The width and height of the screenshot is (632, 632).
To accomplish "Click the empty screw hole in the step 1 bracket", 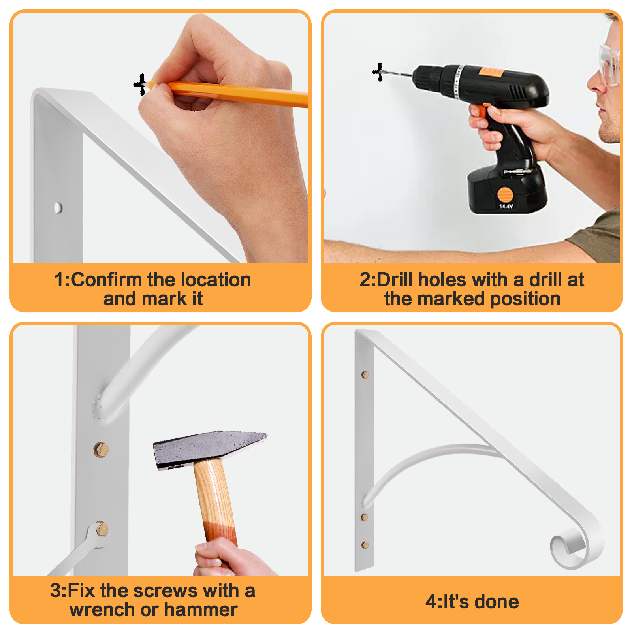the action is pyautogui.click(x=58, y=208).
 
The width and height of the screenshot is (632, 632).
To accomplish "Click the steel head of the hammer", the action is pyautogui.click(x=210, y=450).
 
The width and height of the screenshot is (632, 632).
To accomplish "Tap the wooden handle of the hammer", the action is pyautogui.click(x=215, y=502).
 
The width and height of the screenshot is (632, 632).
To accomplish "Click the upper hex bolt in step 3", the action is pyautogui.click(x=101, y=450).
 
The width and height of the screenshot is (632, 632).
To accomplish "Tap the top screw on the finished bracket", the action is pyautogui.click(x=365, y=375).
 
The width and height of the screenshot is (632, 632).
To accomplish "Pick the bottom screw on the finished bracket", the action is pyautogui.click(x=365, y=545).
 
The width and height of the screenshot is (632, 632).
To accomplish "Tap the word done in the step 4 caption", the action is pyautogui.click(x=497, y=602).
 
